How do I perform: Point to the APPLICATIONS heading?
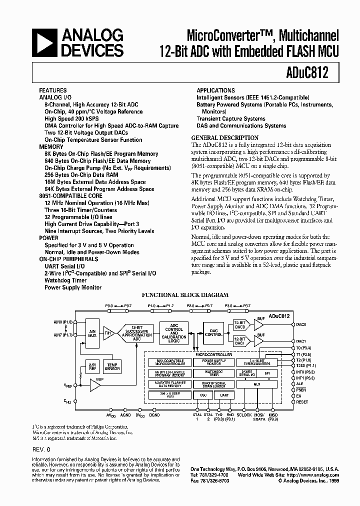coord(215,90)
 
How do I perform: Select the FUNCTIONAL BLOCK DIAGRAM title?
coord(185,295)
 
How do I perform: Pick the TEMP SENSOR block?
coord(112,366)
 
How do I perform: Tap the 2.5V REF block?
coord(92,366)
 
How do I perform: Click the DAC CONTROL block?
coord(213,332)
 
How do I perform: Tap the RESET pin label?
coord(302,402)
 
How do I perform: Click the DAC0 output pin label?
coord(301,324)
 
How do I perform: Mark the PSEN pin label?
coord(301,390)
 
